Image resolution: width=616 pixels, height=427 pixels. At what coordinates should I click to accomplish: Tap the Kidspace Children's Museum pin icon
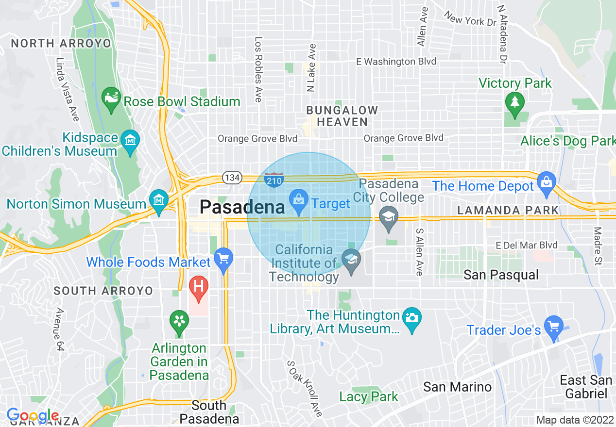coord(130,141)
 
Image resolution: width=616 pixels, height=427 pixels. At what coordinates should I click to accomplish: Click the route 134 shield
coord(232,178)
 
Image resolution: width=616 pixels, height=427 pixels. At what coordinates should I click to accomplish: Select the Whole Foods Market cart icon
coord(223,258)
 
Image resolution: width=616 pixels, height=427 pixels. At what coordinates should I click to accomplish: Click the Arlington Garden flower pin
coord(179,322)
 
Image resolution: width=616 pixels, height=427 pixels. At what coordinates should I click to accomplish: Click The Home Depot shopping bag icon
coord(547,183)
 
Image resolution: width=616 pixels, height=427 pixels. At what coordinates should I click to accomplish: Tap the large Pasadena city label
coord(242,207)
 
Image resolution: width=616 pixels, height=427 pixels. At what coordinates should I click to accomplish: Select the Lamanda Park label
coord(508,210)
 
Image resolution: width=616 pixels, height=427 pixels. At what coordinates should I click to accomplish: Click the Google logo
coord(33,416)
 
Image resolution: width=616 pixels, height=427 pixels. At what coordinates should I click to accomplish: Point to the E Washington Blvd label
coord(396,62)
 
